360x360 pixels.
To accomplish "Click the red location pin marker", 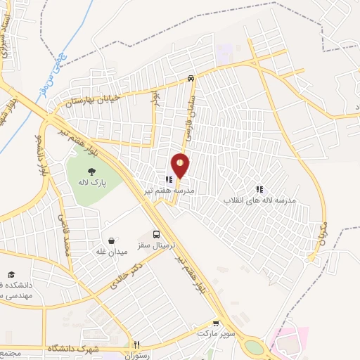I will (x=181, y=166).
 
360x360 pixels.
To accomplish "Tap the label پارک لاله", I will (x=91, y=181).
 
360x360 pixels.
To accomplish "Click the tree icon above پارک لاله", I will (x=91, y=171).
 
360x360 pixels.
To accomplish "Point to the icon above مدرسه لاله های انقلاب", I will (x=259, y=189).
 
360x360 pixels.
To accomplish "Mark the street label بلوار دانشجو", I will (x=42, y=155).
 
